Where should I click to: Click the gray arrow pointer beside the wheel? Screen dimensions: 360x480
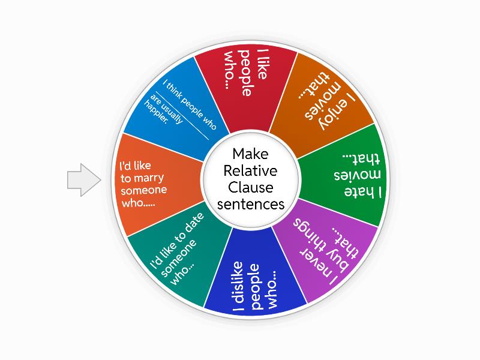(x=83, y=180)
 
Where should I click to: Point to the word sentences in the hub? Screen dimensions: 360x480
(x=251, y=204)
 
